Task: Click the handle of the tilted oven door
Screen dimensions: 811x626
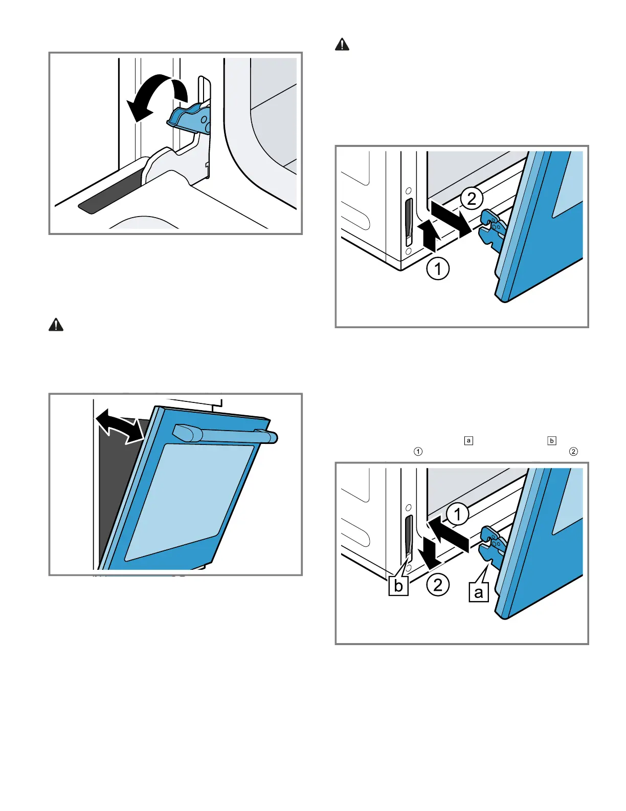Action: point(226,435)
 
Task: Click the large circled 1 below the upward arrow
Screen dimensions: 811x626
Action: point(438,268)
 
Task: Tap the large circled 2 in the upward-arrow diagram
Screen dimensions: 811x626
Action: point(472,198)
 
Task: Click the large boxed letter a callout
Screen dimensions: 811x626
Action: point(479,592)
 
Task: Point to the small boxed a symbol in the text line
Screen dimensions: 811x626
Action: point(468,440)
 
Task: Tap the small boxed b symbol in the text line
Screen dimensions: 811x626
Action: point(551,440)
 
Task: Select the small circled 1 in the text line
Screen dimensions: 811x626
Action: point(418,452)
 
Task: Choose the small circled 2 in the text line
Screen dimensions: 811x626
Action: point(574,452)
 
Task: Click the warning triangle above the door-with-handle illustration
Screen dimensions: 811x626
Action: point(56,325)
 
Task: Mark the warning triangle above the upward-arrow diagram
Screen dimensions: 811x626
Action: point(342,45)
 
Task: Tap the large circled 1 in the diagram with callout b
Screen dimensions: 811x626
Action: point(458,514)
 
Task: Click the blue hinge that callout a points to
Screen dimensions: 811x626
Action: point(490,545)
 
